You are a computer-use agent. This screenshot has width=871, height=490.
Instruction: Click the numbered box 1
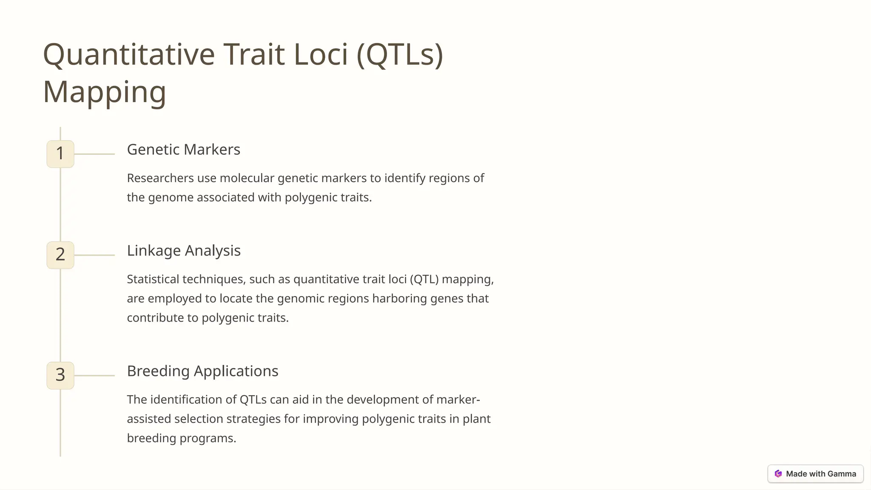click(x=60, y=154)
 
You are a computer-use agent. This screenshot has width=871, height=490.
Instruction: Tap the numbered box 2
click(x=60, y=255)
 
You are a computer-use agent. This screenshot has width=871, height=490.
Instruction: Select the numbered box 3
click(x=60, y=375)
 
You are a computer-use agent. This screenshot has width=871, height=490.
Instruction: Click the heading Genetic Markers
click(x=183, y=150)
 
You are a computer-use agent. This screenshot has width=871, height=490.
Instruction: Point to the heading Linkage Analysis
click(x=184, y=251)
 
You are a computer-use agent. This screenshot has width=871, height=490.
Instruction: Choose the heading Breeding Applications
click(x=202, y=371)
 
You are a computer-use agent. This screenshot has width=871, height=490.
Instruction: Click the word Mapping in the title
click(x=105, y=91)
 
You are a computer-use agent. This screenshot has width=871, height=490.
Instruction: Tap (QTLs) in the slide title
click(x=400, y=54)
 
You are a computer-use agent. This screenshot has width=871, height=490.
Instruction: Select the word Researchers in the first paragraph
click(x=160, y=178)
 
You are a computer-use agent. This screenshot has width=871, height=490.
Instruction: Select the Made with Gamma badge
click(x=815, y=474)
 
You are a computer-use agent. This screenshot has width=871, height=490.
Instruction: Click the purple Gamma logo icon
click(x=778, y=474)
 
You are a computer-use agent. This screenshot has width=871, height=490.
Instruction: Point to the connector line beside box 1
click(x=94, y=154)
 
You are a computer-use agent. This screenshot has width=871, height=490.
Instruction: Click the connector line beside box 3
click(x=94, y=375)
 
